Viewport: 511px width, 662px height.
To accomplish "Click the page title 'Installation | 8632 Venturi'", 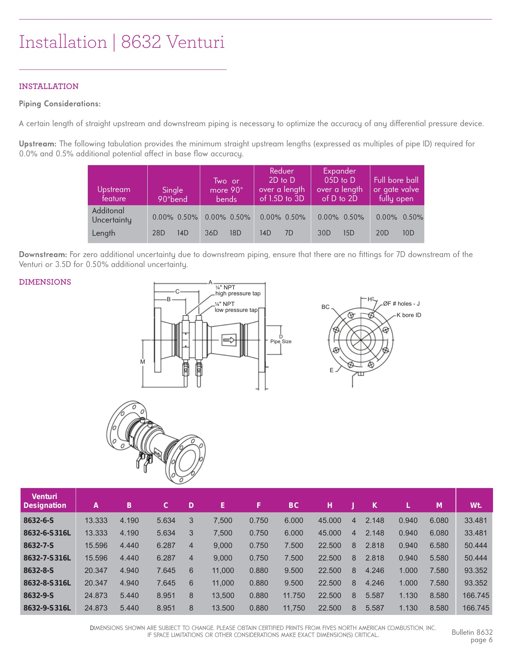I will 122,42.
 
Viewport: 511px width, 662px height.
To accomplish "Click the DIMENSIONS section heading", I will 45,282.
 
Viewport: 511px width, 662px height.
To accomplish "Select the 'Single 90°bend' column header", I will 173,195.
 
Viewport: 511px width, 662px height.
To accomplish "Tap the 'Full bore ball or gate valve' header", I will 396,189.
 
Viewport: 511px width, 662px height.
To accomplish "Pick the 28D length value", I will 158,233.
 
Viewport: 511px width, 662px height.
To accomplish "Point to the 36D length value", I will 211,233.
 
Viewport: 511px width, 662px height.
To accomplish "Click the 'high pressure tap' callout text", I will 238,293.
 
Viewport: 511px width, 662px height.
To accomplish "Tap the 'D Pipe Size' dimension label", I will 281,339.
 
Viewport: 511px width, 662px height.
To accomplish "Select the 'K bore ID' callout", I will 409,315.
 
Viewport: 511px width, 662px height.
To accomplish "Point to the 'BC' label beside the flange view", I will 325,307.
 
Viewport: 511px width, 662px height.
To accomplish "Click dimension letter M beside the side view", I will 143,362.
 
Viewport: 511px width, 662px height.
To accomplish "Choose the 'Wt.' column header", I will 475,505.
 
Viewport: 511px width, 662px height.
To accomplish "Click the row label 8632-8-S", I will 39,570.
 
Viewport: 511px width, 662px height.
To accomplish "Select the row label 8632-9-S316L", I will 47,608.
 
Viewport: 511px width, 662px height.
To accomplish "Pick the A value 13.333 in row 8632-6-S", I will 96,520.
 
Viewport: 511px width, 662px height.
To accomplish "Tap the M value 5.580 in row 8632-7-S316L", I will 439,558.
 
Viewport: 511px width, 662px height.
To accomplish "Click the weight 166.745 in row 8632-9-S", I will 475,595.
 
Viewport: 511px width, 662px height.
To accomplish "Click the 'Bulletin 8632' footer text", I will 472,632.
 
